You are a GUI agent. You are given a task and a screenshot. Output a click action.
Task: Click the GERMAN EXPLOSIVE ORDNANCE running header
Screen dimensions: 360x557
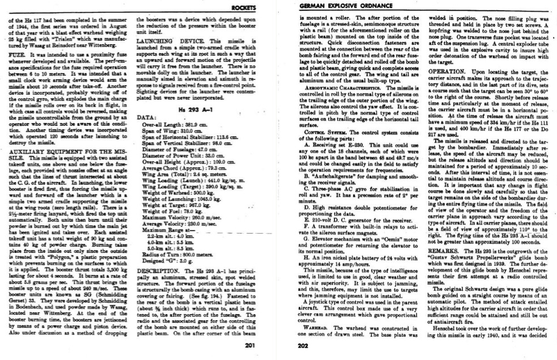(335, 7)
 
